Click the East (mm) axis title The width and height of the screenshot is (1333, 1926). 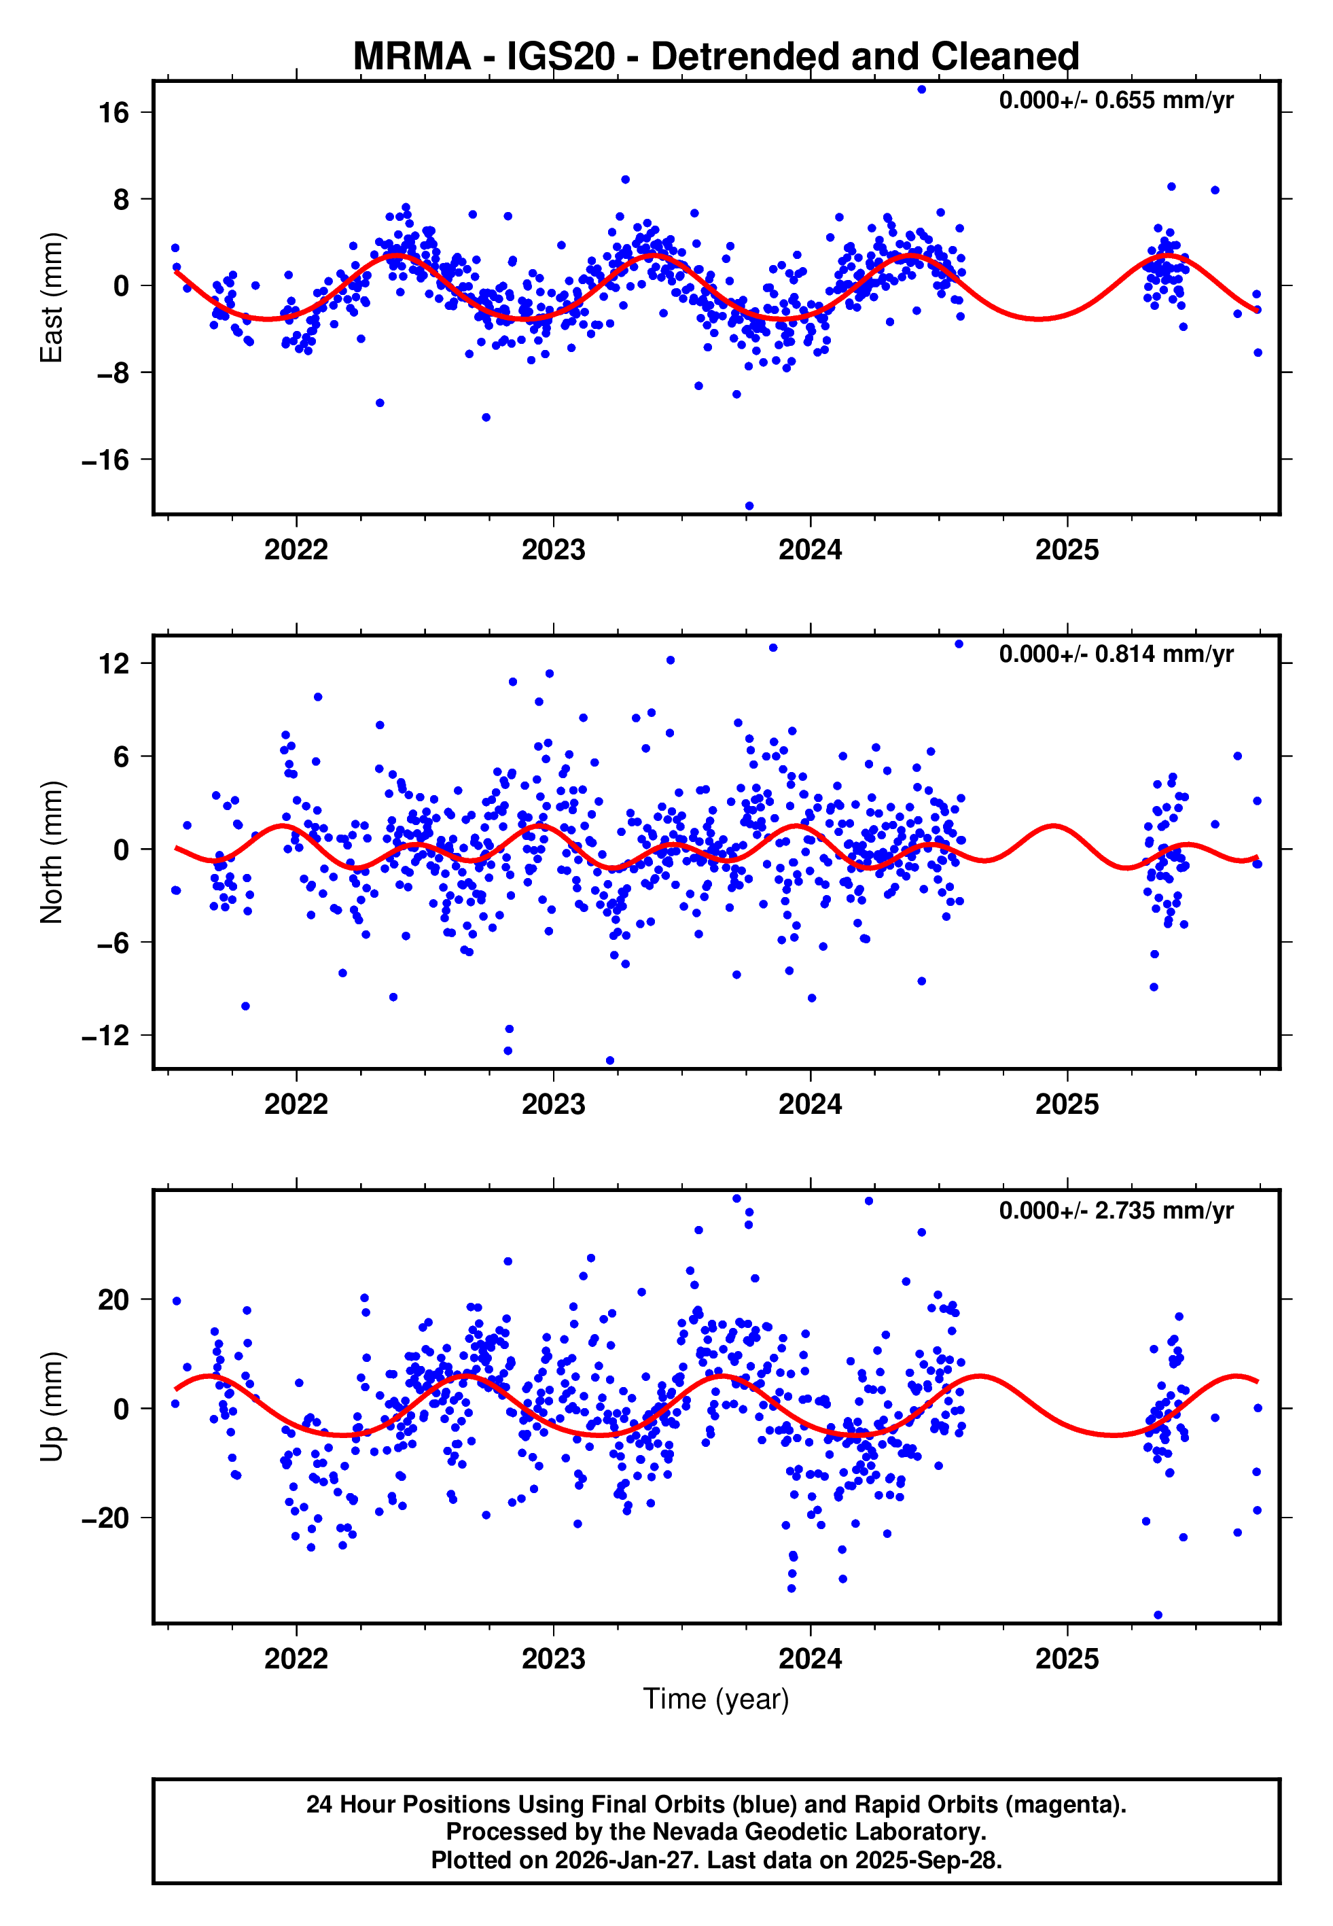tap(51, 298)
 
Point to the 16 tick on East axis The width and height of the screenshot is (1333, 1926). tap(113, 113)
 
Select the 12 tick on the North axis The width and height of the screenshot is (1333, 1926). tap(113, 664)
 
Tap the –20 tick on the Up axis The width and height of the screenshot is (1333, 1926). tap(105, 1518)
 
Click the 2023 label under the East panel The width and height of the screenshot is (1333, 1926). tap(553, 550)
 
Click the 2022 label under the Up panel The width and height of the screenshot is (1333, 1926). tap(296, 1659)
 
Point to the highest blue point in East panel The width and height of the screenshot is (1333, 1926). tap(921, 89)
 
